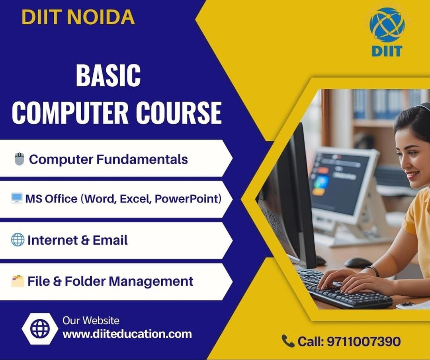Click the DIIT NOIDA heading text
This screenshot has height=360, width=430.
(x=78, y=17)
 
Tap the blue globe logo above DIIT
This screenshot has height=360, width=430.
(x=387, y=25)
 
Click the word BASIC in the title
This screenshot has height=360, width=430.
(x=108, y=75)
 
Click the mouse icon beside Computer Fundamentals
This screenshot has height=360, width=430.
(x=19, y=159)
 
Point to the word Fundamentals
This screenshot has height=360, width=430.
(x=142, y=159)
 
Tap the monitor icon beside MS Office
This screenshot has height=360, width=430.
(x=17, y=198)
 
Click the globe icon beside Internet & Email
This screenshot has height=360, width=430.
(x=18, y=239)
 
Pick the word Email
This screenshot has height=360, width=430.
(x=110, y=240)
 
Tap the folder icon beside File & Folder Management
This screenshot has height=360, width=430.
(x=18, y=281)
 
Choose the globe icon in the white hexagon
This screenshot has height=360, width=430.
(x=40, y=328)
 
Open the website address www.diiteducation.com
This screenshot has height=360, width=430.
(x=127, y=334)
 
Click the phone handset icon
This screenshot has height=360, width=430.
(x=288, y=341)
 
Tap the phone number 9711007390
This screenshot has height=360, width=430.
(x=364, y=341)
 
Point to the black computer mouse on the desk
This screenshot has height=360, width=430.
(x=358, y=263)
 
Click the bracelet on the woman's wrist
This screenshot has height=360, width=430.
(x=373, y=271)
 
